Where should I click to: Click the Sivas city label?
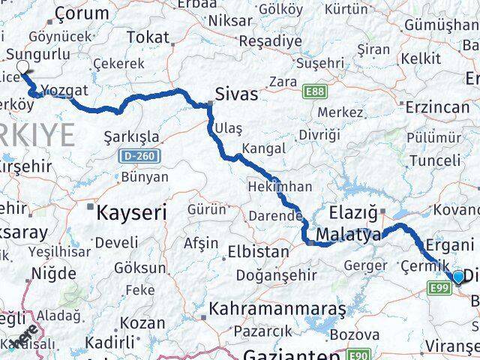click(236, 95)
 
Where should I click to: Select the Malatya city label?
click(348, 235)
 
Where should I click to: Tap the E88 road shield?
click(316, 91)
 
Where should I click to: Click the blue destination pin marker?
click(459, 279)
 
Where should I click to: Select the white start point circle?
click(22, 66)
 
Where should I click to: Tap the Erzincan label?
click(437, 107)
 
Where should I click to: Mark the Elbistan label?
click(257, 252)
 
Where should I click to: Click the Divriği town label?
click(319, 135)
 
